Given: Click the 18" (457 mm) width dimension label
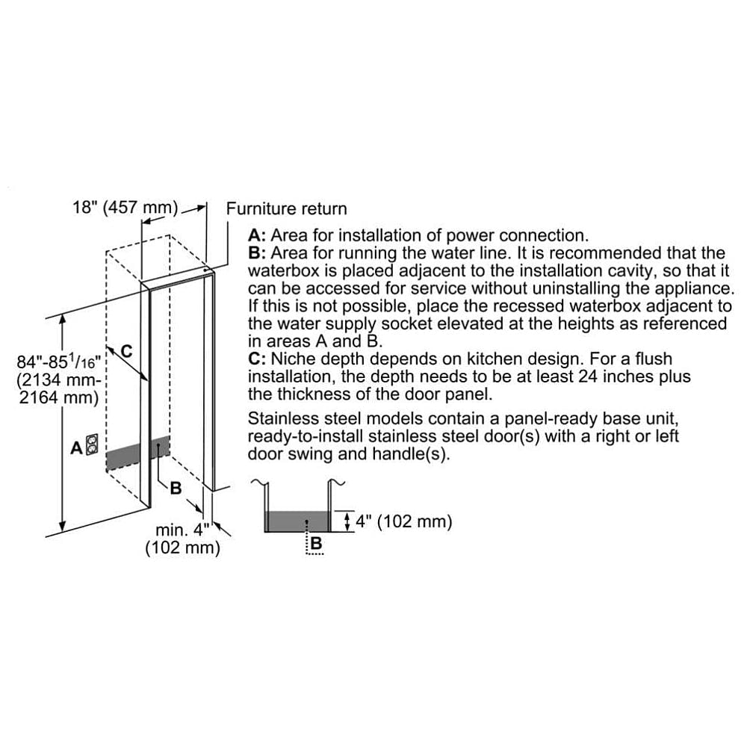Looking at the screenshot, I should (x=125, y=207).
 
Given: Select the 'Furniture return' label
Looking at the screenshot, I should (x=286, y=209).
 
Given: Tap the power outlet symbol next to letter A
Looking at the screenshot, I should (x=93, y=446).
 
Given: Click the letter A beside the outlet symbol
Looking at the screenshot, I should (x=76, y=448).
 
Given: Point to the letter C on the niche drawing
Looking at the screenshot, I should (x=127, y=350).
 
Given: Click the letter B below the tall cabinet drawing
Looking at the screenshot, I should (x=176, y=488).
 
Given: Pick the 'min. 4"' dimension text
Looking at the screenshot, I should (x=182, y=530).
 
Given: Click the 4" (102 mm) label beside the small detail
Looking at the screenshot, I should (x=403, y=521).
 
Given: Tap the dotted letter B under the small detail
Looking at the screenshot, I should (x=315, y=545).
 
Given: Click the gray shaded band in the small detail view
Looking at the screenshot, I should (x=297, y=521).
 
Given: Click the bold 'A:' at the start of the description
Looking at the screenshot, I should (x=258, y=235).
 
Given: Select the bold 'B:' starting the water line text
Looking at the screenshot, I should (x=258, y=253).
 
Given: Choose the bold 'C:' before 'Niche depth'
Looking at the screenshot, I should (x=258, y=359).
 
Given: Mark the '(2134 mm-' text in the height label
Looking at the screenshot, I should (x=59, y=380).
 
